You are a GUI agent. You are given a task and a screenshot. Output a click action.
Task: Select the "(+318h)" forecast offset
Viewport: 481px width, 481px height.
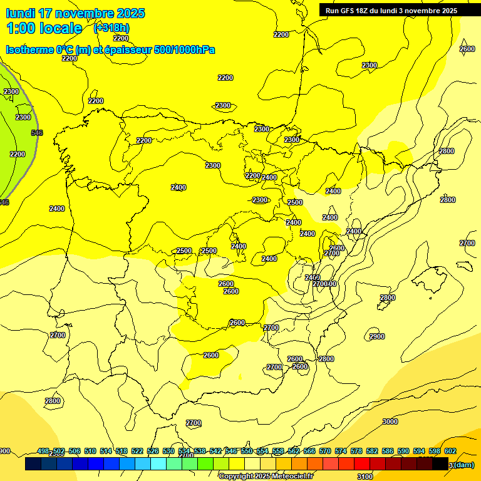(x=111, y=28)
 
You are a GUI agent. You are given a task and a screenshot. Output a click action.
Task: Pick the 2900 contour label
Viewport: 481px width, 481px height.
(x=377, y=336)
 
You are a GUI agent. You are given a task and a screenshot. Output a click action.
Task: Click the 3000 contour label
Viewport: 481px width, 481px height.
(x=390, y=422)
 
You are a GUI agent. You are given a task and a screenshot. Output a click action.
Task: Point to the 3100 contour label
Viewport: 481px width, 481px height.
(x=365, y=477)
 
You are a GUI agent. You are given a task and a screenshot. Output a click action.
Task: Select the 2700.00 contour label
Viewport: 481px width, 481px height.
(x=325, y=284)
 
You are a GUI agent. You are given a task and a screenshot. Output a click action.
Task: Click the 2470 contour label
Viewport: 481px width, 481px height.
(x=312, y=277)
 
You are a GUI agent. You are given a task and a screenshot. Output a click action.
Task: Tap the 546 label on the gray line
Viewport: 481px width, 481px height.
(x=37, y=133)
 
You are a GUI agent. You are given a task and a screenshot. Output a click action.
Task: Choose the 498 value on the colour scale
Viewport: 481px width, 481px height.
(x=43, y=451)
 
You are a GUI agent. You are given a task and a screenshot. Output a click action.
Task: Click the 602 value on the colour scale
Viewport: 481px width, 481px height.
(x=450, y=451)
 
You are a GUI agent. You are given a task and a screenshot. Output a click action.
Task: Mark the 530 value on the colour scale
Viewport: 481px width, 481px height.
(x=168, y=451)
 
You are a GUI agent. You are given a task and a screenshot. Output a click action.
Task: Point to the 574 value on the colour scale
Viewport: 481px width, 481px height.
(x=341, y=451)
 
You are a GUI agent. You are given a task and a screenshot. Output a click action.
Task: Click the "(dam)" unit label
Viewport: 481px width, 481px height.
(x=463, y=465)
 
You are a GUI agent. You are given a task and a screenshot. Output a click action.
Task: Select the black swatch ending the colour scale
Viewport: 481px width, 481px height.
(x=440, y=464)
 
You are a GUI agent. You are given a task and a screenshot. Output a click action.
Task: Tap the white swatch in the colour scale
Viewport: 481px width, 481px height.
(x=252, y=464)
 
